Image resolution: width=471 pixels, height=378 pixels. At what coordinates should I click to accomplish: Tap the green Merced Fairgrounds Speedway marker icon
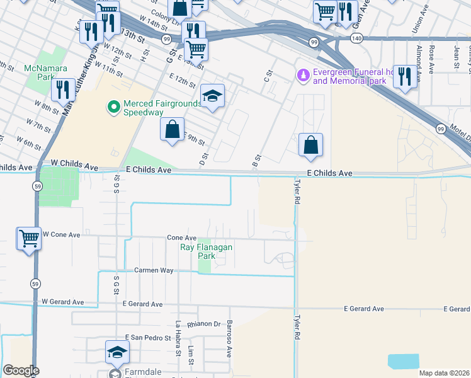(114, 108)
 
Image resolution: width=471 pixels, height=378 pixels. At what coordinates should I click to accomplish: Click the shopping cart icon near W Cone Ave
(29, 238)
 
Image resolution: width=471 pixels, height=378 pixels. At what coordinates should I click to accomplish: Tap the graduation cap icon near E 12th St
(213, 96)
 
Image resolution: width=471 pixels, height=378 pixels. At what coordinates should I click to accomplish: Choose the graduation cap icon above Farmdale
(117, 353)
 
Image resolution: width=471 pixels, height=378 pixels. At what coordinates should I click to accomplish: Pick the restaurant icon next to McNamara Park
(62, 89)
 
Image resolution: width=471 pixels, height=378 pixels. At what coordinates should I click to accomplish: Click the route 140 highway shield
(356, 38)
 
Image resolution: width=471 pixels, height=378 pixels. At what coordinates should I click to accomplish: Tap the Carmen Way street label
(154, 270)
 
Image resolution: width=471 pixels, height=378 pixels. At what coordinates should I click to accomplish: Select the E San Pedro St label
(148, 338)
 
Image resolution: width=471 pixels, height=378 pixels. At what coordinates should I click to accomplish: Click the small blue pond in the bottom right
(403, 361)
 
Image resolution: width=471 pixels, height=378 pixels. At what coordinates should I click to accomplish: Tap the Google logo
(21, 371)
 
